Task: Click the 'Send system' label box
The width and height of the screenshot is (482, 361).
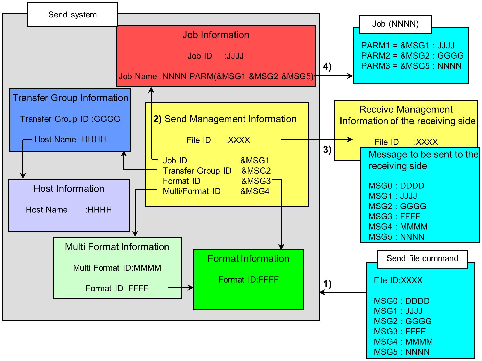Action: point(73,15)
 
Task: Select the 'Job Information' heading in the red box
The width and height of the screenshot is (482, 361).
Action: point(216,35)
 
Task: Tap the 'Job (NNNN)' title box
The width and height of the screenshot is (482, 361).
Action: point(395,24)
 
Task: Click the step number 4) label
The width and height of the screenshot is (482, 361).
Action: point(327,66)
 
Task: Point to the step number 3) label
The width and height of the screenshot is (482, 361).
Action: point(327,149)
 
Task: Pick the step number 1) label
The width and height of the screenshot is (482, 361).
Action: point(327,284)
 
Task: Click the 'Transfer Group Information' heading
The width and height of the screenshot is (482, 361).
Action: point(70,98)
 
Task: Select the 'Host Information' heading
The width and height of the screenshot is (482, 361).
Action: point(69,189)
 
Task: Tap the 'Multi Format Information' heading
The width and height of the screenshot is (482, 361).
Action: point(117,247)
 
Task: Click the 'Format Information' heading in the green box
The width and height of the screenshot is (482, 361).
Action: point(248,258)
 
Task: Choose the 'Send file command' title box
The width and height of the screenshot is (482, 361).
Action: point(422,258)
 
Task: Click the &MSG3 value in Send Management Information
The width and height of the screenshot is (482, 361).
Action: point(256,181)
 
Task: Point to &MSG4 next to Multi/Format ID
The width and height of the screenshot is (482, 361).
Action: point(255,191)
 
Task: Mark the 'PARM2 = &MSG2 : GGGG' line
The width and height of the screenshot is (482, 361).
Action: point(412,55)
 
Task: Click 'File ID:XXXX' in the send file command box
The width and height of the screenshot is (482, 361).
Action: point(398,280)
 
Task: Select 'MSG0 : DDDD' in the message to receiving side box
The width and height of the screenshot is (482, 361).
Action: point(396,186)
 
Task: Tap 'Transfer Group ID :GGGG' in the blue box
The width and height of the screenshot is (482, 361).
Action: point(70,119)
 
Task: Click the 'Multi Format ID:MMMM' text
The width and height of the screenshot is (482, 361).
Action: point(117,268)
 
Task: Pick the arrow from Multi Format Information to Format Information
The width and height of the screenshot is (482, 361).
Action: point(181,288)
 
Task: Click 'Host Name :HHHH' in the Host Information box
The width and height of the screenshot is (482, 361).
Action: point(69,210)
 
